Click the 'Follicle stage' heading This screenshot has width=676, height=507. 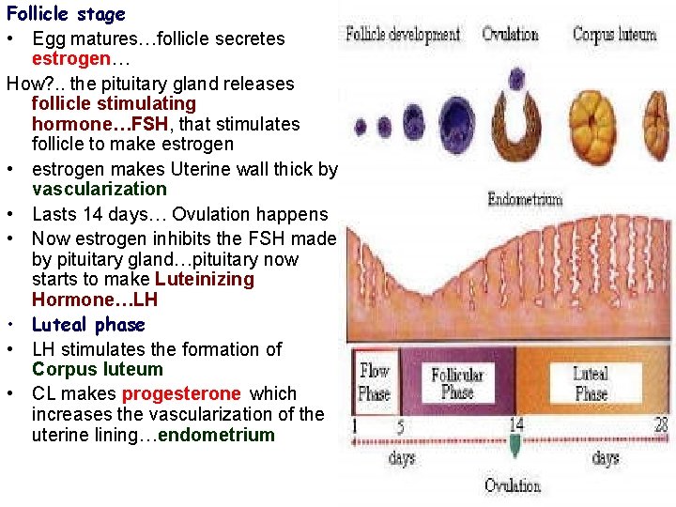coord(66,14)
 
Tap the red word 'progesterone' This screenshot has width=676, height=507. coord(181,393)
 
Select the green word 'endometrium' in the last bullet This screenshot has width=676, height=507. coord(217,435)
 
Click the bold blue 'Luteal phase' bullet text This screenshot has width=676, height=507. coord(88,325)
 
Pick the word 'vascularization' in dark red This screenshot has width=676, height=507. coord(99,189)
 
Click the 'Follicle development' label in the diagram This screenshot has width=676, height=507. coord(403,35)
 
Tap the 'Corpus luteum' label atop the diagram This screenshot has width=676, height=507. coord(614,35)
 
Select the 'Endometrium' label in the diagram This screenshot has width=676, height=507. coord(525,199)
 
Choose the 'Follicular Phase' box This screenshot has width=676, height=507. coord(457,382)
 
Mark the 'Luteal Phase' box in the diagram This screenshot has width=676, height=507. coord(591,383)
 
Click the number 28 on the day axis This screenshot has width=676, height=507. coord(661,424)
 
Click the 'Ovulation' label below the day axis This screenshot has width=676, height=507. coord(513,485)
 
